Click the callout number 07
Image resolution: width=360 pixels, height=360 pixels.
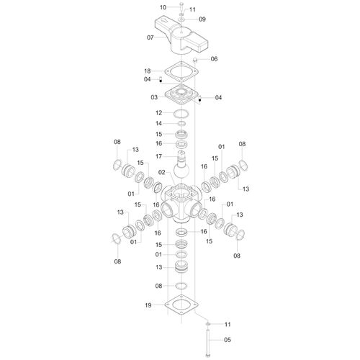pos(150,37)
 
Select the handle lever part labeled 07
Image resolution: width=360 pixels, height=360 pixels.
pos(181,37)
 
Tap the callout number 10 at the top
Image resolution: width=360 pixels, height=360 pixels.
pos(163,7)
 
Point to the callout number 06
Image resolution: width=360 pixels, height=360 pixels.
pos(214,59)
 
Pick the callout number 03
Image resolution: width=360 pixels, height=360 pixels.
pos(154,97)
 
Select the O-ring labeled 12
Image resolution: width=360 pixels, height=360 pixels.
pos(181,113)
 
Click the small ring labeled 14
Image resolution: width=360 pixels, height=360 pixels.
pos(181,123)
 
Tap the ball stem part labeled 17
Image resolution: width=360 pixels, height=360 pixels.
pos(181,165)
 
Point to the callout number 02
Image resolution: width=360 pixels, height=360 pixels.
pos(162,172)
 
